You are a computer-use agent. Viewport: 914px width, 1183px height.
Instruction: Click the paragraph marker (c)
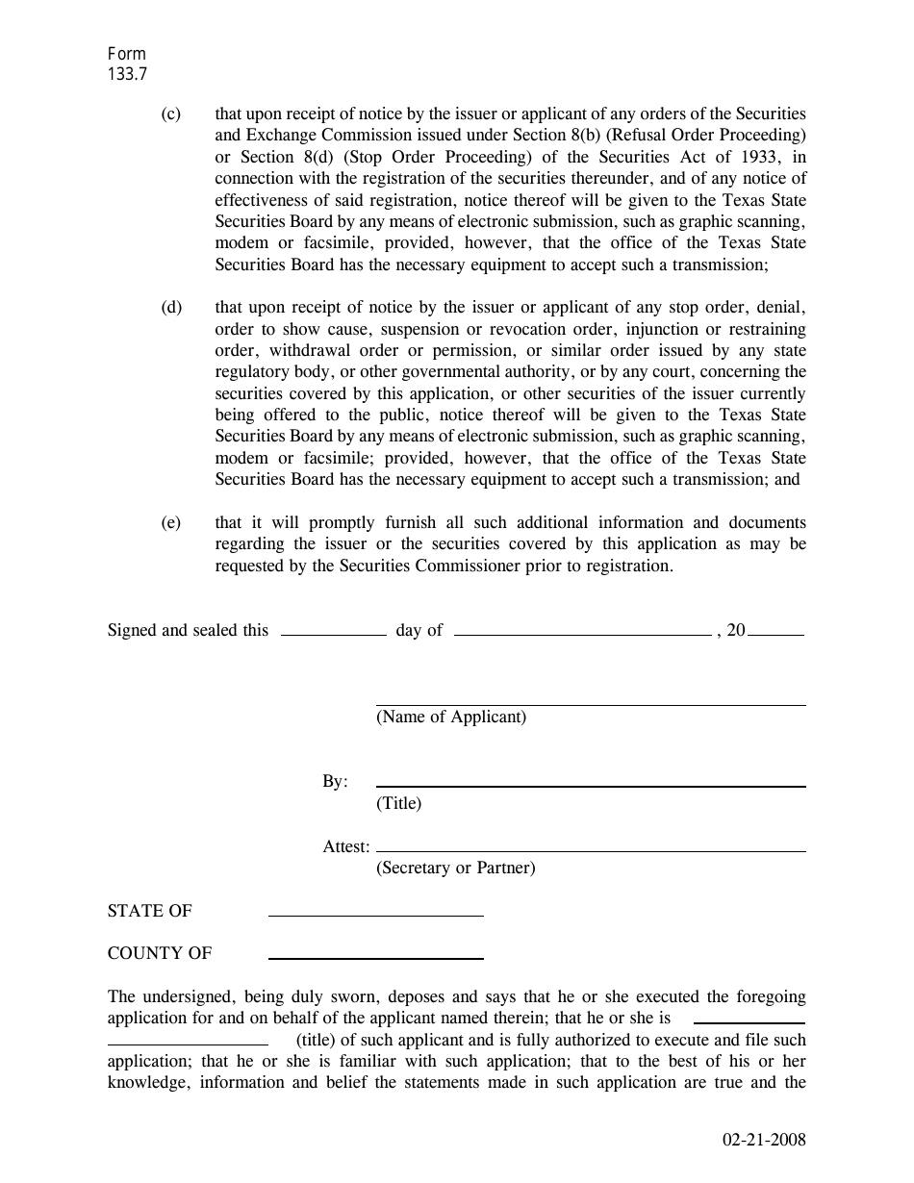(x=170, y=114)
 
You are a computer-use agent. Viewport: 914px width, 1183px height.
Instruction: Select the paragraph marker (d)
(x=170, y=308)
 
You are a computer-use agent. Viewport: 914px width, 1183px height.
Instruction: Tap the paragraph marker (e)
(x=170, y=523)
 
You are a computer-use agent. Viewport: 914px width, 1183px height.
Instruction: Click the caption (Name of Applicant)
(x=451, y=717)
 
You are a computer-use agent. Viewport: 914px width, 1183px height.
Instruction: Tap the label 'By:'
(x=335, y=782)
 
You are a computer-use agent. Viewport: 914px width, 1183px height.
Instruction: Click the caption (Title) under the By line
(x=398, y=803)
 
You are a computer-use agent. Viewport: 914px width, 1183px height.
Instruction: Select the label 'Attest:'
(x=346, y=847)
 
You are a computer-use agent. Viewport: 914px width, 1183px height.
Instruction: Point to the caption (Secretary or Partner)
(x=455, y=868)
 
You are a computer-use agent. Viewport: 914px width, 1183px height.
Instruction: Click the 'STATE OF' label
(x=150, y=912)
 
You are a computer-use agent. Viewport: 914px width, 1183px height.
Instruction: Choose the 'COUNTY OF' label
(x=160, y=954)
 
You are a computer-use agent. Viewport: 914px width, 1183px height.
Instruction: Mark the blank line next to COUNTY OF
(x=375, y=958)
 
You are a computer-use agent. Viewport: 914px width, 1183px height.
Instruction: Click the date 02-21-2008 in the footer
(x=764, y=1142)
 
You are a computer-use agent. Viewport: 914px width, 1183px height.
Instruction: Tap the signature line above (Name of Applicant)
(x=590, y=705)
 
